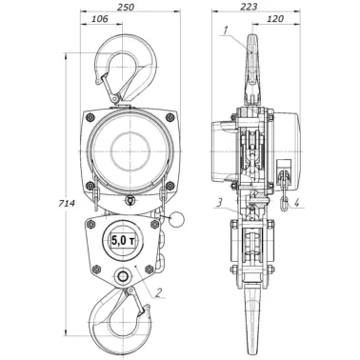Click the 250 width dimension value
pos(126,8)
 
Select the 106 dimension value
pos(100,19)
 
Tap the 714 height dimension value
pos(67,204)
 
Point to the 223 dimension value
pos(249,8)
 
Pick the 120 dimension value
pos(275,19)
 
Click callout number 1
pos(225,30)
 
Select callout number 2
pos(159,292)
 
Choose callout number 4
pos(296,203)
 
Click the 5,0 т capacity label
pos(123,241)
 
